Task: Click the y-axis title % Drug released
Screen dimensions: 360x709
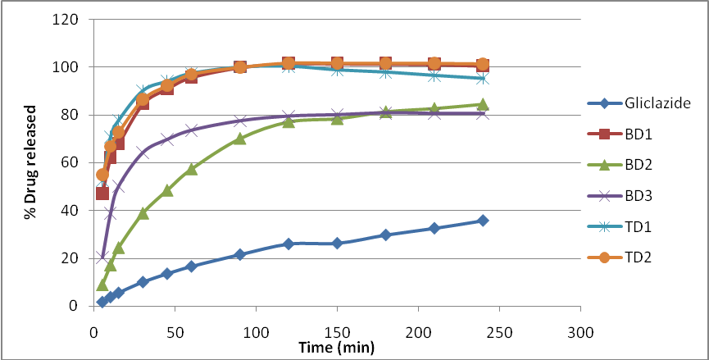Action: coord(30,162)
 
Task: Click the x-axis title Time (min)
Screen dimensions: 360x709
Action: coord(337,348)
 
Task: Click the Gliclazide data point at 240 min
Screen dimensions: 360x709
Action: coord(483,221)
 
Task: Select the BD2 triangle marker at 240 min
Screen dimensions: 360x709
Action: coord(483,104)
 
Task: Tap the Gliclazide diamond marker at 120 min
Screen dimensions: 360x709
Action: coord(289,244)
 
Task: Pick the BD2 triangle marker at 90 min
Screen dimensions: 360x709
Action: coord(239,139)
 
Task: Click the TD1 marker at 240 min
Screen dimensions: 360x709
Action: coord(483,78)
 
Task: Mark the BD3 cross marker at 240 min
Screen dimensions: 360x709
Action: coord(483,113)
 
